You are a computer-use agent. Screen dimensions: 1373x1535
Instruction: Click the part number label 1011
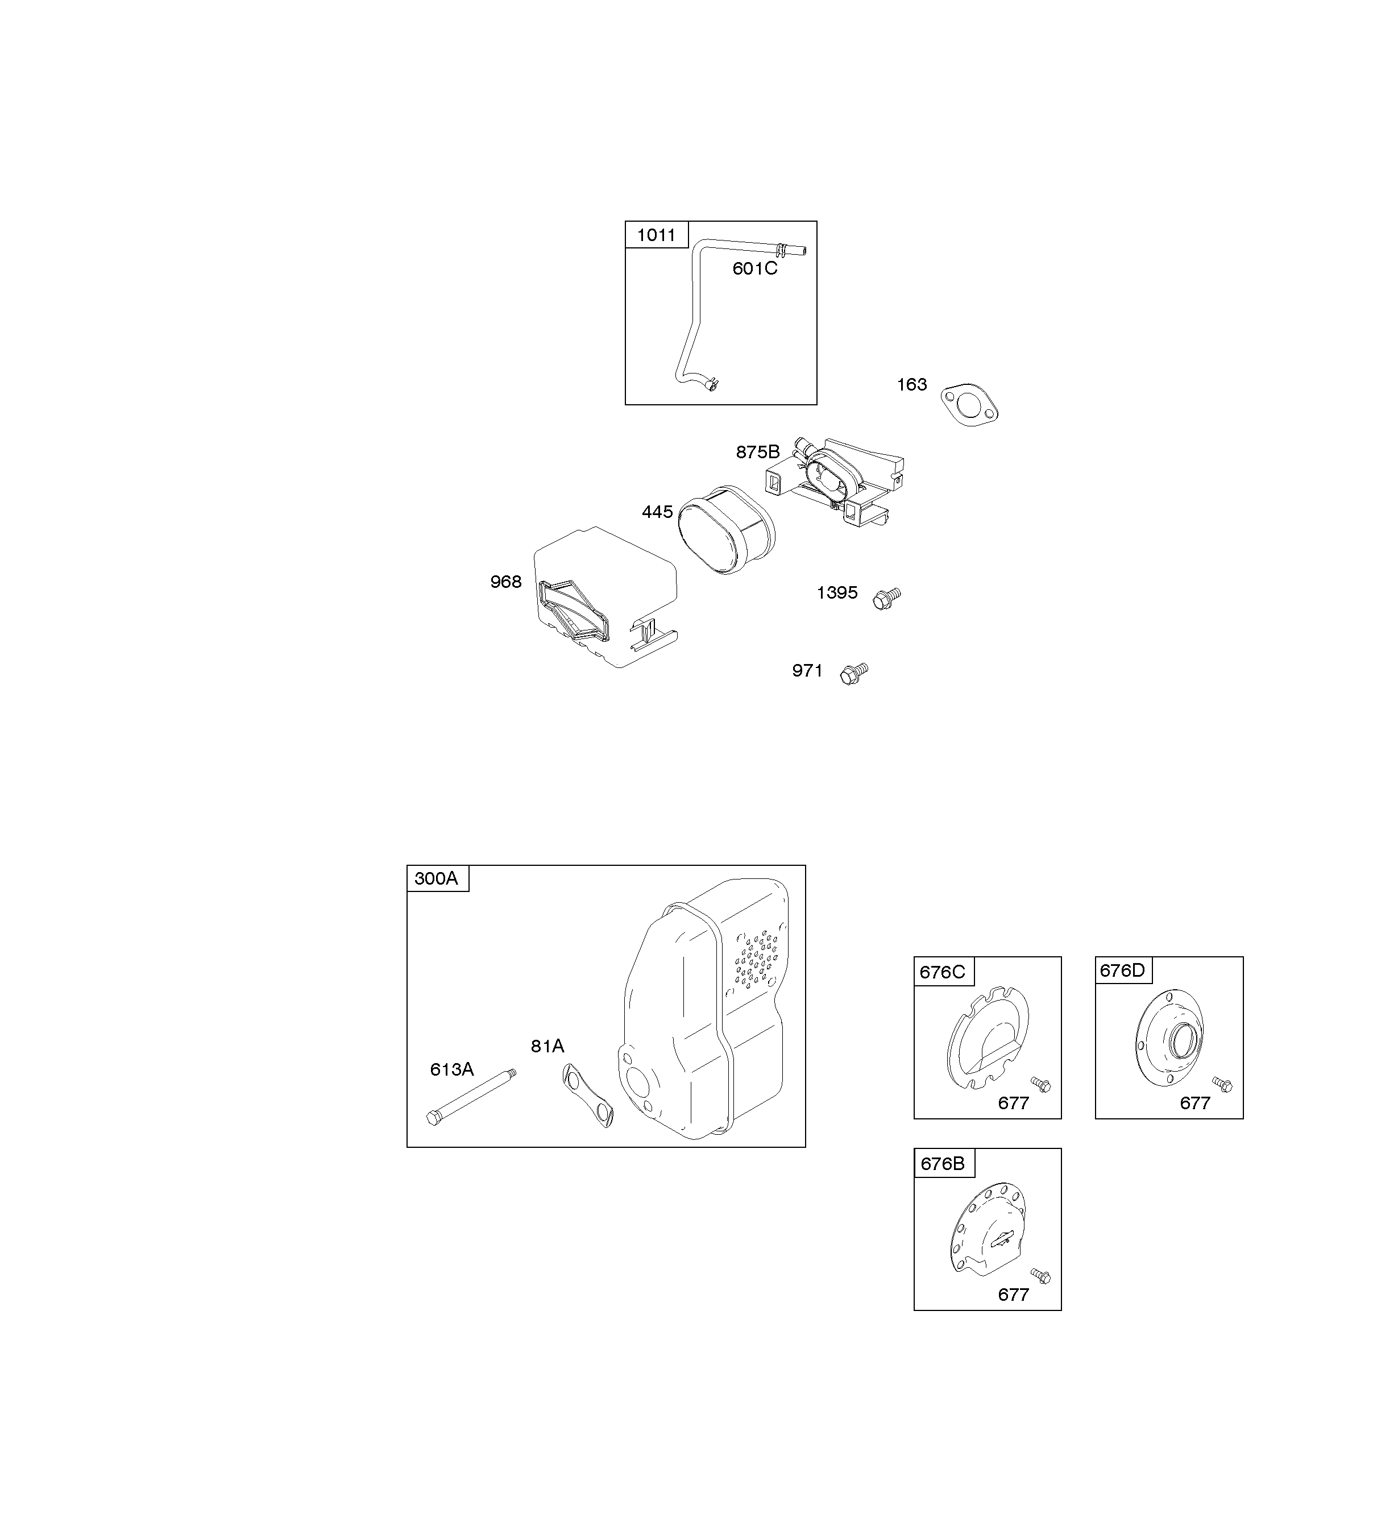click(656, 235)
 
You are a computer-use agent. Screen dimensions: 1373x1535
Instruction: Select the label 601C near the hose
click(754, 268)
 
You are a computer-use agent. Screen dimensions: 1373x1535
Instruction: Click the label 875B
click(757, 452)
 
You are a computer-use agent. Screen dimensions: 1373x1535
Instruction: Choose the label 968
click(505, 582)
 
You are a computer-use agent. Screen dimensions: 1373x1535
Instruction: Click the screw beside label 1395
click(886, 598)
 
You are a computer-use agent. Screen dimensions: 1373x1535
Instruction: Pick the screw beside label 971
click(854, 674)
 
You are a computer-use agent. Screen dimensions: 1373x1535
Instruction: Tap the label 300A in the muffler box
click(436, 878)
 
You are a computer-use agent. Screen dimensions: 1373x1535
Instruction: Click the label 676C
click(942, 972)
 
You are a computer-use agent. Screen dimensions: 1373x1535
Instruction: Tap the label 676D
click(1122, 971)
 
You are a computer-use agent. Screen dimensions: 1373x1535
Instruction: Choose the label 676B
click(942, 1164)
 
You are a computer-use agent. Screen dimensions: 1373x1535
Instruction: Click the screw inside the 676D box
click(1222, 1084)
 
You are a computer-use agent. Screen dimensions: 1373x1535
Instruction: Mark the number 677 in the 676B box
click(1013, 1295)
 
